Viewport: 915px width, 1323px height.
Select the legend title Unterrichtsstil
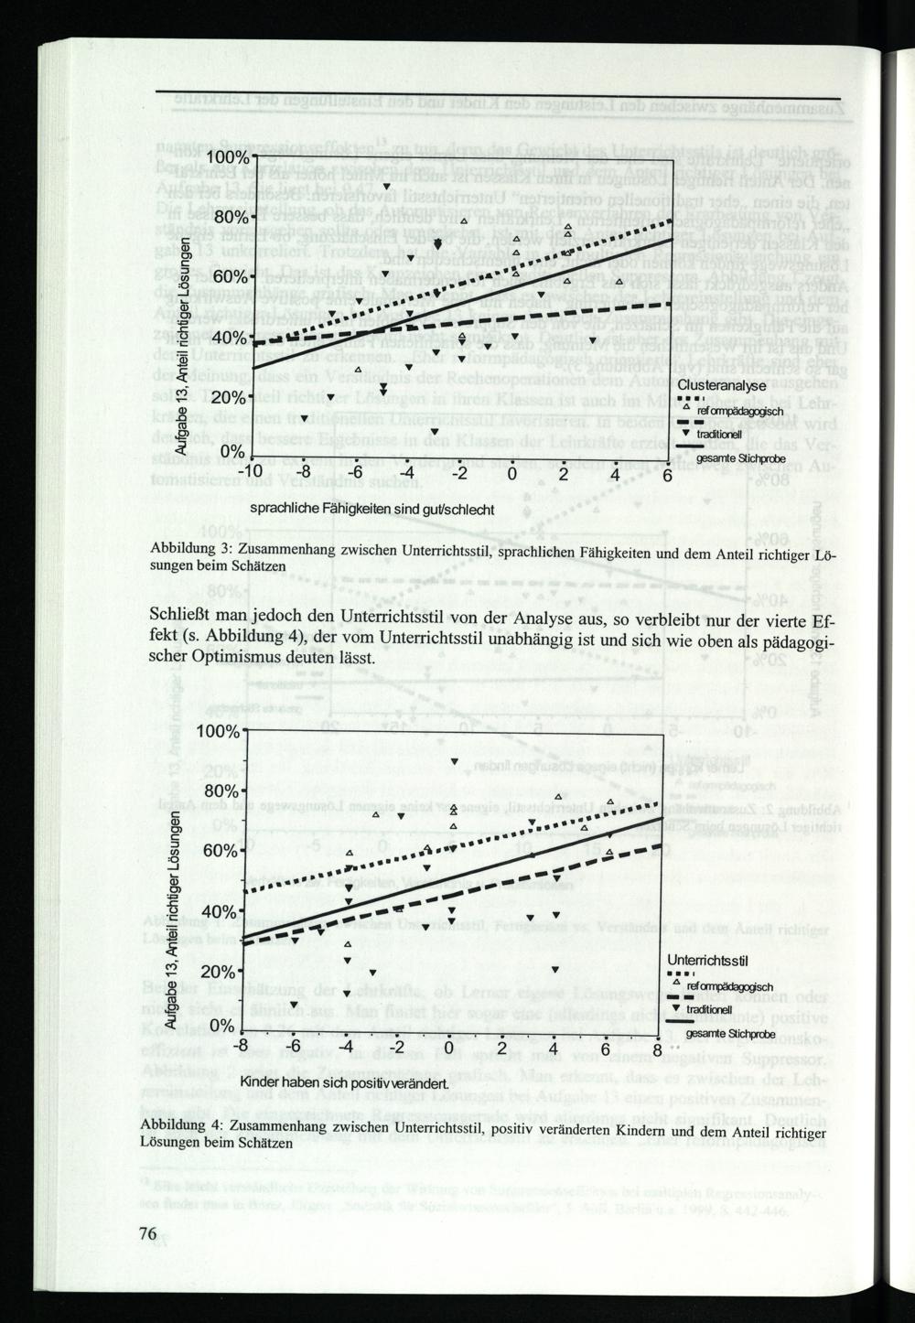(708, 960)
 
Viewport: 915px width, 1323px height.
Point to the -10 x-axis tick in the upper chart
(251, 475)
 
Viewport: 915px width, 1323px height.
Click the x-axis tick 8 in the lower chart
(656, 1049)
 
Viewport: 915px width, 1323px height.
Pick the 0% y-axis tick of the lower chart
(220, 1027)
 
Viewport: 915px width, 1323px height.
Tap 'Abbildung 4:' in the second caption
(180, 1126)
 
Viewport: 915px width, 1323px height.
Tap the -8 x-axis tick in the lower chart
(241, 1048)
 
